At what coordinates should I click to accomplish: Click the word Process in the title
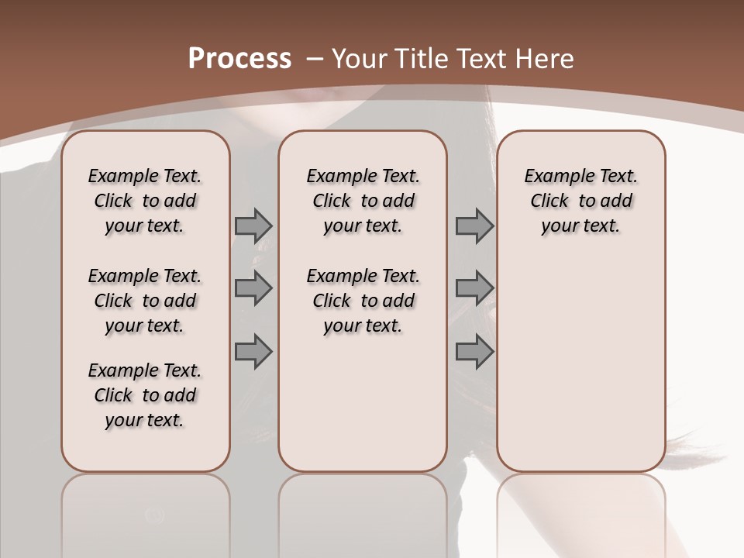click(x=239, y=58)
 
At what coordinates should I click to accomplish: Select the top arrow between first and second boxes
click(x=253, y=226)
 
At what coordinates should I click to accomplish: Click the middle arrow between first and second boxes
click(x=253, y=288)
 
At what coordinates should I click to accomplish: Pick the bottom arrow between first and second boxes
click(x=253, y=352)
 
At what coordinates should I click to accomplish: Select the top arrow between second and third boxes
click(x=474, y=226)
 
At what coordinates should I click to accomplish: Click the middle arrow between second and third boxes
click(x=474, y=288)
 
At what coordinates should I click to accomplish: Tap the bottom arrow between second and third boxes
click(x=474, y=352)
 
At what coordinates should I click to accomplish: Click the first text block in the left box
click(x=145, y=201)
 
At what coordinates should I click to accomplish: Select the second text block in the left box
click(x=145, y=301)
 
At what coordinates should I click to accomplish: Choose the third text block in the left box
click(x=145, y=395)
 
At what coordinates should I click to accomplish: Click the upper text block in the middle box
click(x=363, y=201)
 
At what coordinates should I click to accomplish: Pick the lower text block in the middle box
click(x=363, y=301)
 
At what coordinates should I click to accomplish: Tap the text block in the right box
click(x=580, y=201)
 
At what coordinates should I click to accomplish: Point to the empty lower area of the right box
click(x=580, y=356)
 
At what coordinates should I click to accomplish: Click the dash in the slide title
click(x=315, y=58)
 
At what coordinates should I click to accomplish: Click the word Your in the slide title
click(x=360, y=58)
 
